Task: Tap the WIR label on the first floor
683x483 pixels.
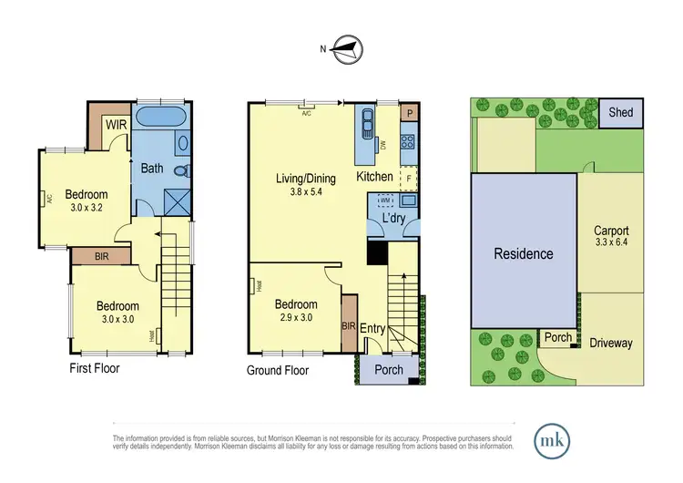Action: point(116,125)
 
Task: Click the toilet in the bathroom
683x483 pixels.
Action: point(180,170)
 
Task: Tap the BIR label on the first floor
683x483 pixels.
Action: point(104,258)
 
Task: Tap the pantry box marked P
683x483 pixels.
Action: point(410,113)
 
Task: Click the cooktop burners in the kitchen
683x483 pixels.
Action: point(409,141)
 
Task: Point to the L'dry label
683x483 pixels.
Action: point(393,220)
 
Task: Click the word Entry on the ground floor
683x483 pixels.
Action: point(373,328)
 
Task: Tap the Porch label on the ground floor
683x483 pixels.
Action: point(389,369)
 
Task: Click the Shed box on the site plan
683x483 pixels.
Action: point(622,113)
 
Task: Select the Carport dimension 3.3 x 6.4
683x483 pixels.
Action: point(612,243)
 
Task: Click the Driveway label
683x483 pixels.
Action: point(610,343)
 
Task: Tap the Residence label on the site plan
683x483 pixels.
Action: point(524,253)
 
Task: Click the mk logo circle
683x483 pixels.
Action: point(555,437)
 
